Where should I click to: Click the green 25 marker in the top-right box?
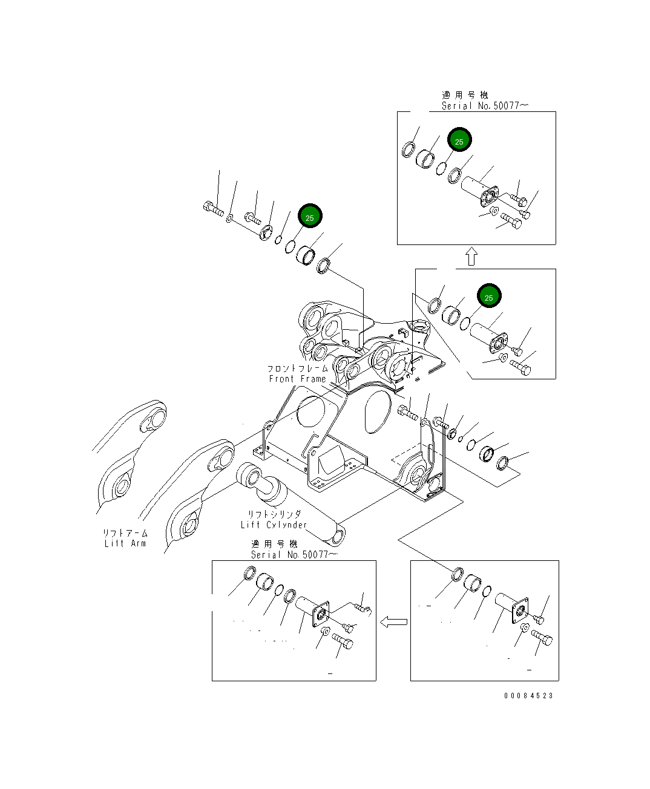(459, 140)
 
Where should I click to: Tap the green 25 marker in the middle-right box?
(488, 296)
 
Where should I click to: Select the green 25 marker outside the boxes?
(309, 217)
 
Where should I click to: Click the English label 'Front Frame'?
(297, 379)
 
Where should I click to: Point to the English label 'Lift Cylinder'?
(274, 525)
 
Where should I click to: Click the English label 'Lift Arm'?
(125, 543)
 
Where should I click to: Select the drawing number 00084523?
(528, 695)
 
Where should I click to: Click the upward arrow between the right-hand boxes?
(471, 257)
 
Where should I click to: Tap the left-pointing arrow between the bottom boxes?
(393, 621)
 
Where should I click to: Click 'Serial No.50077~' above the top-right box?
(484, 106)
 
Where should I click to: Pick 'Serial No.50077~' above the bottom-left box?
(294, 554)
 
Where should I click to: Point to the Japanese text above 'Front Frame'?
(297, 368)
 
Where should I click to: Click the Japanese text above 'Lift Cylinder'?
(274, 514)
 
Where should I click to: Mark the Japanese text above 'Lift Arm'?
(125, 533)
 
